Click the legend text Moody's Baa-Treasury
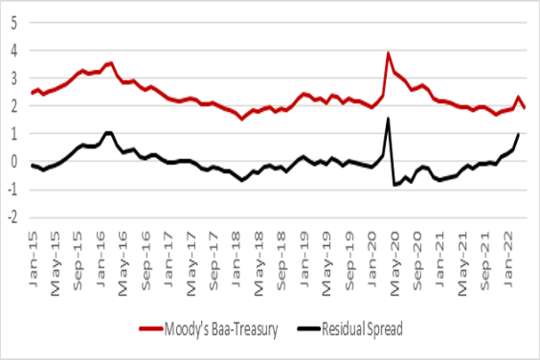click(x=221, y=330)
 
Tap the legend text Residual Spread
click(x=362, y=330)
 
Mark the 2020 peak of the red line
click(x=388, y=53)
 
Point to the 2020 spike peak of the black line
click(x=388, y=118)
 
